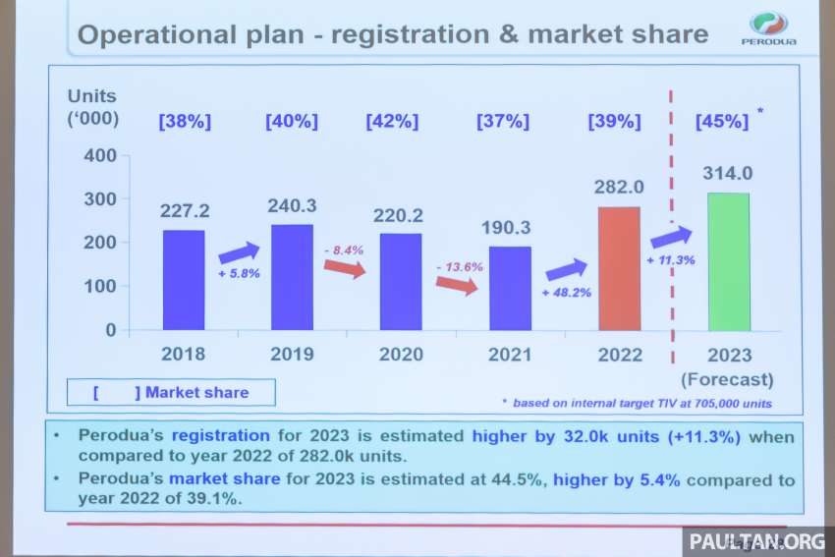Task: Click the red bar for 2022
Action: click(x=619, y=268)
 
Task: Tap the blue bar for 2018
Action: click(x=184, y=280)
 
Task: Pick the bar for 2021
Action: click(x=509, y=288)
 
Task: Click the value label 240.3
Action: click(x=292, y=207)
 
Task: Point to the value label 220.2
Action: click(x=400, y=216)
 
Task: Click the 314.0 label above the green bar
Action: click(x=727, y=174)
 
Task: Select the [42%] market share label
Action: click(x=392, y=122)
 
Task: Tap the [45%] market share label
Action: click(x=721, y=122)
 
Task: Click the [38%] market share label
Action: click(x=185, y=122)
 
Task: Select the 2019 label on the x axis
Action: click(x=292, y=355)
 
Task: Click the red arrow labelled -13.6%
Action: click(x=458, y=286)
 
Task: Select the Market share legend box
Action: click(x=171, y=393)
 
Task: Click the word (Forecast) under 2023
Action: click(x=728, y=379)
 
